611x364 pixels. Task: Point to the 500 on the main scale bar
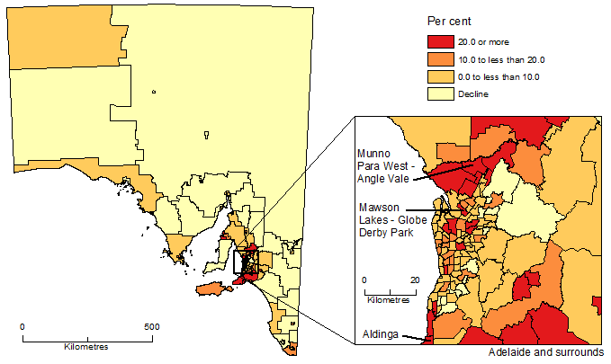[152, 326]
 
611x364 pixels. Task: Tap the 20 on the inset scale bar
[415, 280]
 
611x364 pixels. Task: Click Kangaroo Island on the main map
[209, 289]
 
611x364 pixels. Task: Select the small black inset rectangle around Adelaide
[244, 262]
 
